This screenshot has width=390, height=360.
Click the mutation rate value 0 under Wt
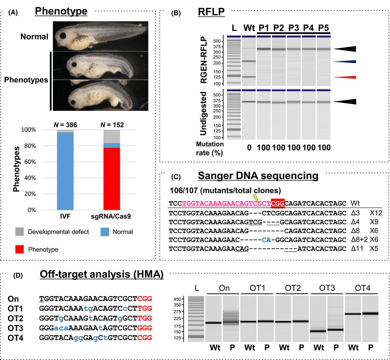(x=248, y=148)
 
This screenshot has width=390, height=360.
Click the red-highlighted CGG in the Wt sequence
(x=277, y=203)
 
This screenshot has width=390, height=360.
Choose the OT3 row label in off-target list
(x=15, y=316)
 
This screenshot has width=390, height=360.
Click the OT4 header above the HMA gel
(x=362, y=288)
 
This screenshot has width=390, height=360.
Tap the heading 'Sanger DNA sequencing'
(x=258, y=176)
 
